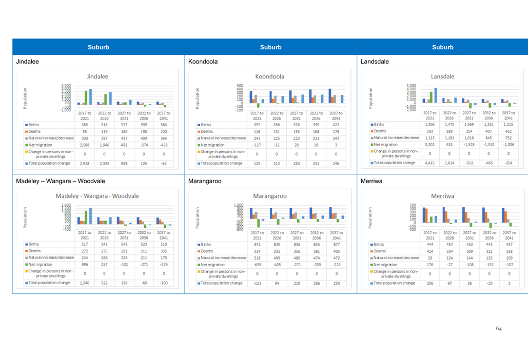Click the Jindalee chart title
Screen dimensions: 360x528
click(x=97, y=76)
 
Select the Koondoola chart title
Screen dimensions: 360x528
click(x=269, y=76)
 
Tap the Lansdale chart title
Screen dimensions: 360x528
click(x=442, y=76)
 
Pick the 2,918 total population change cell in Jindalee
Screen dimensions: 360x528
click(x=85, y=163)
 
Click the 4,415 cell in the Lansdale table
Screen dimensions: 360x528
click(x=430, y=163)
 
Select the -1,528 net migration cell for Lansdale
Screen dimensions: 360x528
click(x=469, y=145)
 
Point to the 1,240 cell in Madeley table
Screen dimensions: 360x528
click(x=85, y=283)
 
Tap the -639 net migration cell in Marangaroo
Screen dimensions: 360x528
click(x=257, y=265)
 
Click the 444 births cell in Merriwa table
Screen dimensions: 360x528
click(x=430, y=244)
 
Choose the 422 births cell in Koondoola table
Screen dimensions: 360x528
click(x=336, y=125)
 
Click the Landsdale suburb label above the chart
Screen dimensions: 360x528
click(x=375, y=62)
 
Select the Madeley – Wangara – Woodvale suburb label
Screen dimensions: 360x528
click(x=61, y=181)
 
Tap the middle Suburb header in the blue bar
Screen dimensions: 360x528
click(x=270, y=47)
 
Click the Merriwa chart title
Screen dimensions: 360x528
click(x=442, y=196)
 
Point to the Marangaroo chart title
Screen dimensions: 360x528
click(x=269, y=196)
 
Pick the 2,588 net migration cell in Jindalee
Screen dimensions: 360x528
click(x=85, y=145)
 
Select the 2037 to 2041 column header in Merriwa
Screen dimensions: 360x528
click(x=509, y=235)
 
